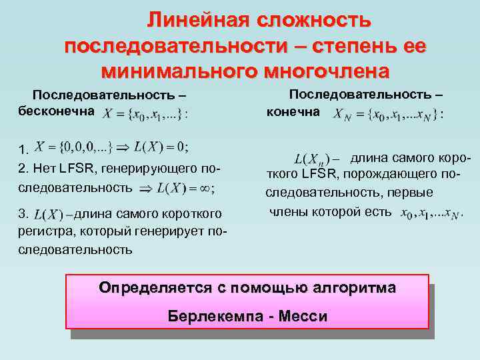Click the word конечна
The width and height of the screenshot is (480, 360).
293,111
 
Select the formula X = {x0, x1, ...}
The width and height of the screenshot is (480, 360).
145,113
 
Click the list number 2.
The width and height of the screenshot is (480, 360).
23,168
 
